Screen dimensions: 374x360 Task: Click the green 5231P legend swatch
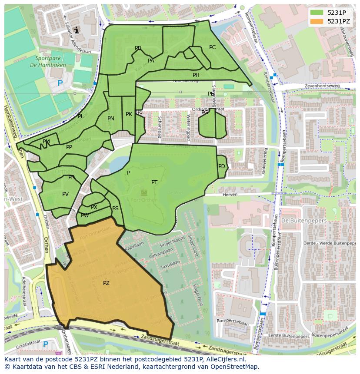317,13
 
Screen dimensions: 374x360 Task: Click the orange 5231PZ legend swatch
317,21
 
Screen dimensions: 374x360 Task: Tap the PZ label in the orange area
106,283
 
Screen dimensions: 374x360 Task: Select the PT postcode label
154,182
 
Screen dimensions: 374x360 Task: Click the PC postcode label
212,47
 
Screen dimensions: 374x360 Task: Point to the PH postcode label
196,75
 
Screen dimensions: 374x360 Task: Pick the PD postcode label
222,166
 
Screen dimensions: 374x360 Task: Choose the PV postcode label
65,194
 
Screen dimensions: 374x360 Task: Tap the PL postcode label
80,116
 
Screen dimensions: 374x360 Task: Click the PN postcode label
111,119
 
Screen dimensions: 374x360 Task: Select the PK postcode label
129,114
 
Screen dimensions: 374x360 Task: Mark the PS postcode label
115,209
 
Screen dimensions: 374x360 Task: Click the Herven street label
230,195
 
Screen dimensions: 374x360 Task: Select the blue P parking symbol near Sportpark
60,83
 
